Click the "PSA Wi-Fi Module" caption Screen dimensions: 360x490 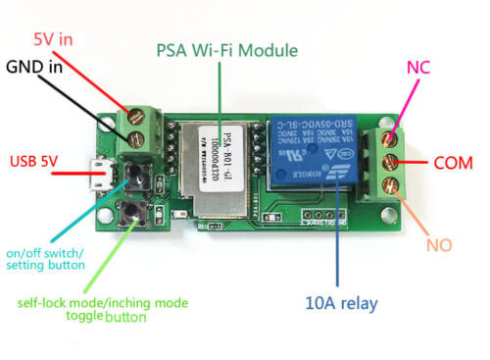(223, 49)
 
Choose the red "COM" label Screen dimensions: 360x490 (453, 161)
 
